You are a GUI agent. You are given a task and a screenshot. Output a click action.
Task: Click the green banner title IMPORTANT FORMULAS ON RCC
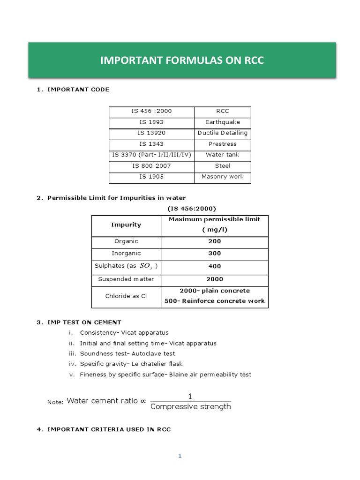click(x=182, y=60)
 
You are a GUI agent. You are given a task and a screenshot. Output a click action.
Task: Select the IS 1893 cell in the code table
click(x=151, y=122)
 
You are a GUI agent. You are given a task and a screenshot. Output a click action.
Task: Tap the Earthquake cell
click(x=222, y=122)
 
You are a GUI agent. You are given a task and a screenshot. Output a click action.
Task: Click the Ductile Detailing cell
click(x=222, y=133)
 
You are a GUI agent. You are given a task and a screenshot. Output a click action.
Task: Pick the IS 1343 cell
click(x=151, y=144)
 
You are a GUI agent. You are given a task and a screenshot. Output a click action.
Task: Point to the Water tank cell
click(x=222, y=155)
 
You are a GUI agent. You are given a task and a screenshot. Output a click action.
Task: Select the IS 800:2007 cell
click(x=151, y=165)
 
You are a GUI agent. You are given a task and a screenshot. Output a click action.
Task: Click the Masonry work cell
click(x=222, y=177)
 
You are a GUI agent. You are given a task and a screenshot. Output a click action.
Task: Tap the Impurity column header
click(x=126, y=225)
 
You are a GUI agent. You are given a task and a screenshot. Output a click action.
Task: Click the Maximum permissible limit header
click(x=214, y=219)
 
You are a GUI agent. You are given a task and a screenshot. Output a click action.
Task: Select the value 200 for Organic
click(x=214, y=241)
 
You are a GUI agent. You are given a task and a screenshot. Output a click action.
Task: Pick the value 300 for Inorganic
click(x=214, y=254)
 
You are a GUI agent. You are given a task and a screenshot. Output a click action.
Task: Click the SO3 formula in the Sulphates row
click(x=146, y=266)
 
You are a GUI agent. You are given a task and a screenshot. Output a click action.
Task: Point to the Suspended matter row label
click(x=126, y=279)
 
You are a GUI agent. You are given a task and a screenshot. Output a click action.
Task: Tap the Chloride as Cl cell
click(x=126, y=296)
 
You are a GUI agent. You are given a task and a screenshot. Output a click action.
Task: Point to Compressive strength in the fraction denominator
click(x=191, y=407)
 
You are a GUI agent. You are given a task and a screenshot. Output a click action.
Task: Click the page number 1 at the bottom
click(x=180, y=456)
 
